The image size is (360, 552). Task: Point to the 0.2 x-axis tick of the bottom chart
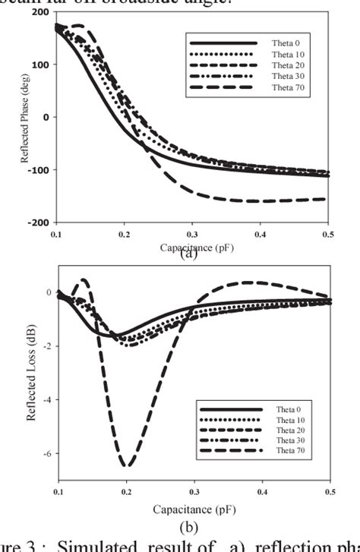[x=127, y=493]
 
